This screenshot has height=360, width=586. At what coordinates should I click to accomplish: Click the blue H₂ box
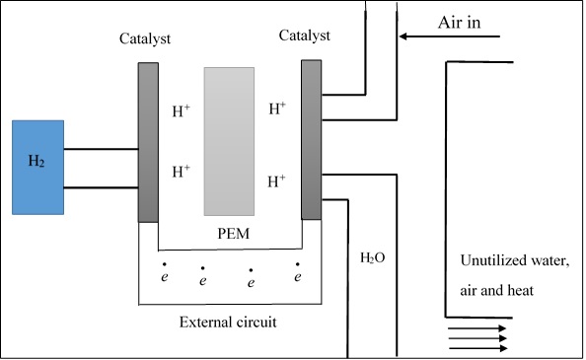tap(38, 167)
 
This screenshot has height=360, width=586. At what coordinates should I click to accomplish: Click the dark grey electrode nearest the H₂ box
tap(148, 142)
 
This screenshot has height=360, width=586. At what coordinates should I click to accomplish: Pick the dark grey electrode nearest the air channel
tap(312, 139)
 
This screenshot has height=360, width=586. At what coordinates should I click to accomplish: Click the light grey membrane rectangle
tap(229, 141)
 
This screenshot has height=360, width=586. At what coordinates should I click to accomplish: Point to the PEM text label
tap(229, 235)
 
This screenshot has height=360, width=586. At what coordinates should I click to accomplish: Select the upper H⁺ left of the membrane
tap(183, 111)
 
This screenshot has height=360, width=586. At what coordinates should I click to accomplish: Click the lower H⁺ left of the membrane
tap(183, 172)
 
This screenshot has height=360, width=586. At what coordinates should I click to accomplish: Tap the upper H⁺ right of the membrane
tap(278, 108)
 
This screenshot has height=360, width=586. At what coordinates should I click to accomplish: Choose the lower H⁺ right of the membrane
tap(278, 180)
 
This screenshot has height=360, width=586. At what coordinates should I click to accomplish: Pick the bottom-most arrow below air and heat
tap(478, 347)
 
